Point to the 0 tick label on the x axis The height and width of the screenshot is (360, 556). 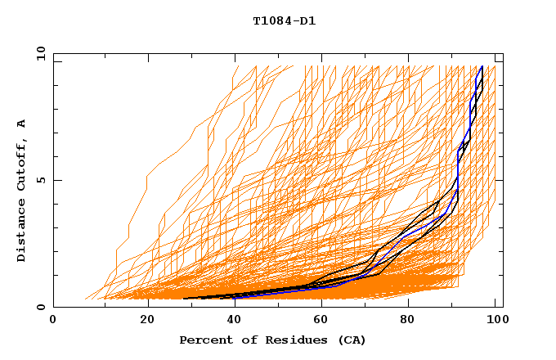point(53,321)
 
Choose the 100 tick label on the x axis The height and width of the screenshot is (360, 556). point(493,321)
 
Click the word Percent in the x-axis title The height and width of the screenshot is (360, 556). point(204,340)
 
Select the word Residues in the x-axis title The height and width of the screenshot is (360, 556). point(289,340)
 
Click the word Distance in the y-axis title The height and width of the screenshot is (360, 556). point(22,231)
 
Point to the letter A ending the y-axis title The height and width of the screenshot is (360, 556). point(22,123)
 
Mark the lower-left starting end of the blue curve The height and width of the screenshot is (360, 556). point(235,297)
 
